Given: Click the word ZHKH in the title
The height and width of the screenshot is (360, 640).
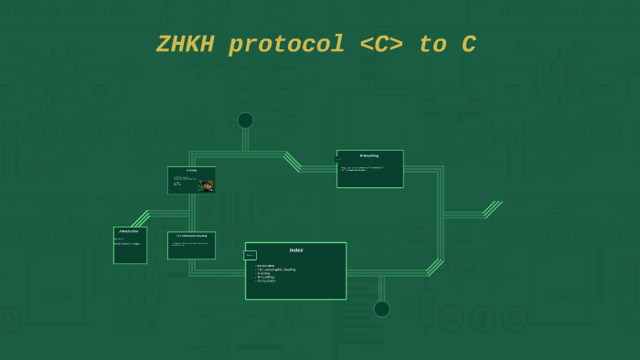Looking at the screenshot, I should tap(187, 45).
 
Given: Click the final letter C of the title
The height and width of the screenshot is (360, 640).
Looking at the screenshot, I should tap(467, 45).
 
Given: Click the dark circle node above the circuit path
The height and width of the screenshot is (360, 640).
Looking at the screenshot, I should tap(245, 121).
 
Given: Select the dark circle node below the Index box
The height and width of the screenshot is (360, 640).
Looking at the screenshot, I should tap(381, 309).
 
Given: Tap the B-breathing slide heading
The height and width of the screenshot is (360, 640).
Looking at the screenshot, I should tap(369, 156).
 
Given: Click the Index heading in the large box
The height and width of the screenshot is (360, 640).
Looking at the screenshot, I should tap(295, 250).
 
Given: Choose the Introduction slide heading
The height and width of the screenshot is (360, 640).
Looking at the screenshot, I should tap(129, 231).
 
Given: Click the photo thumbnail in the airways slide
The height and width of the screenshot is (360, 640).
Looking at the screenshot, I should tap(208, 185).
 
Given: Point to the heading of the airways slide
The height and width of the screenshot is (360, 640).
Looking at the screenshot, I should tap(191, 171).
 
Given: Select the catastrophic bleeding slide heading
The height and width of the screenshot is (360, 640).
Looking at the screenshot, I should tap(191, 236).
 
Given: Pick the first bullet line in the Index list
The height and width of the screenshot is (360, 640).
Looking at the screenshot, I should tap(267, 265).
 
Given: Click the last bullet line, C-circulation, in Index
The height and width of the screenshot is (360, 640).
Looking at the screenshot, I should tap(267, 281).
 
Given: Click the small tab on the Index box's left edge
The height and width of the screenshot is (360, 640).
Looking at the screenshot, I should tap(250, 256).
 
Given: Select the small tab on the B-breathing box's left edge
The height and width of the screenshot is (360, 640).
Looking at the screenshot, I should tap(338, 158).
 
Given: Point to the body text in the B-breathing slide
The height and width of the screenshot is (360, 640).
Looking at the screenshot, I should tap(362, 169).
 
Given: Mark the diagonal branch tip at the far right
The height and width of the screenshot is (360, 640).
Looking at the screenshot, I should tap(499, 203).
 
